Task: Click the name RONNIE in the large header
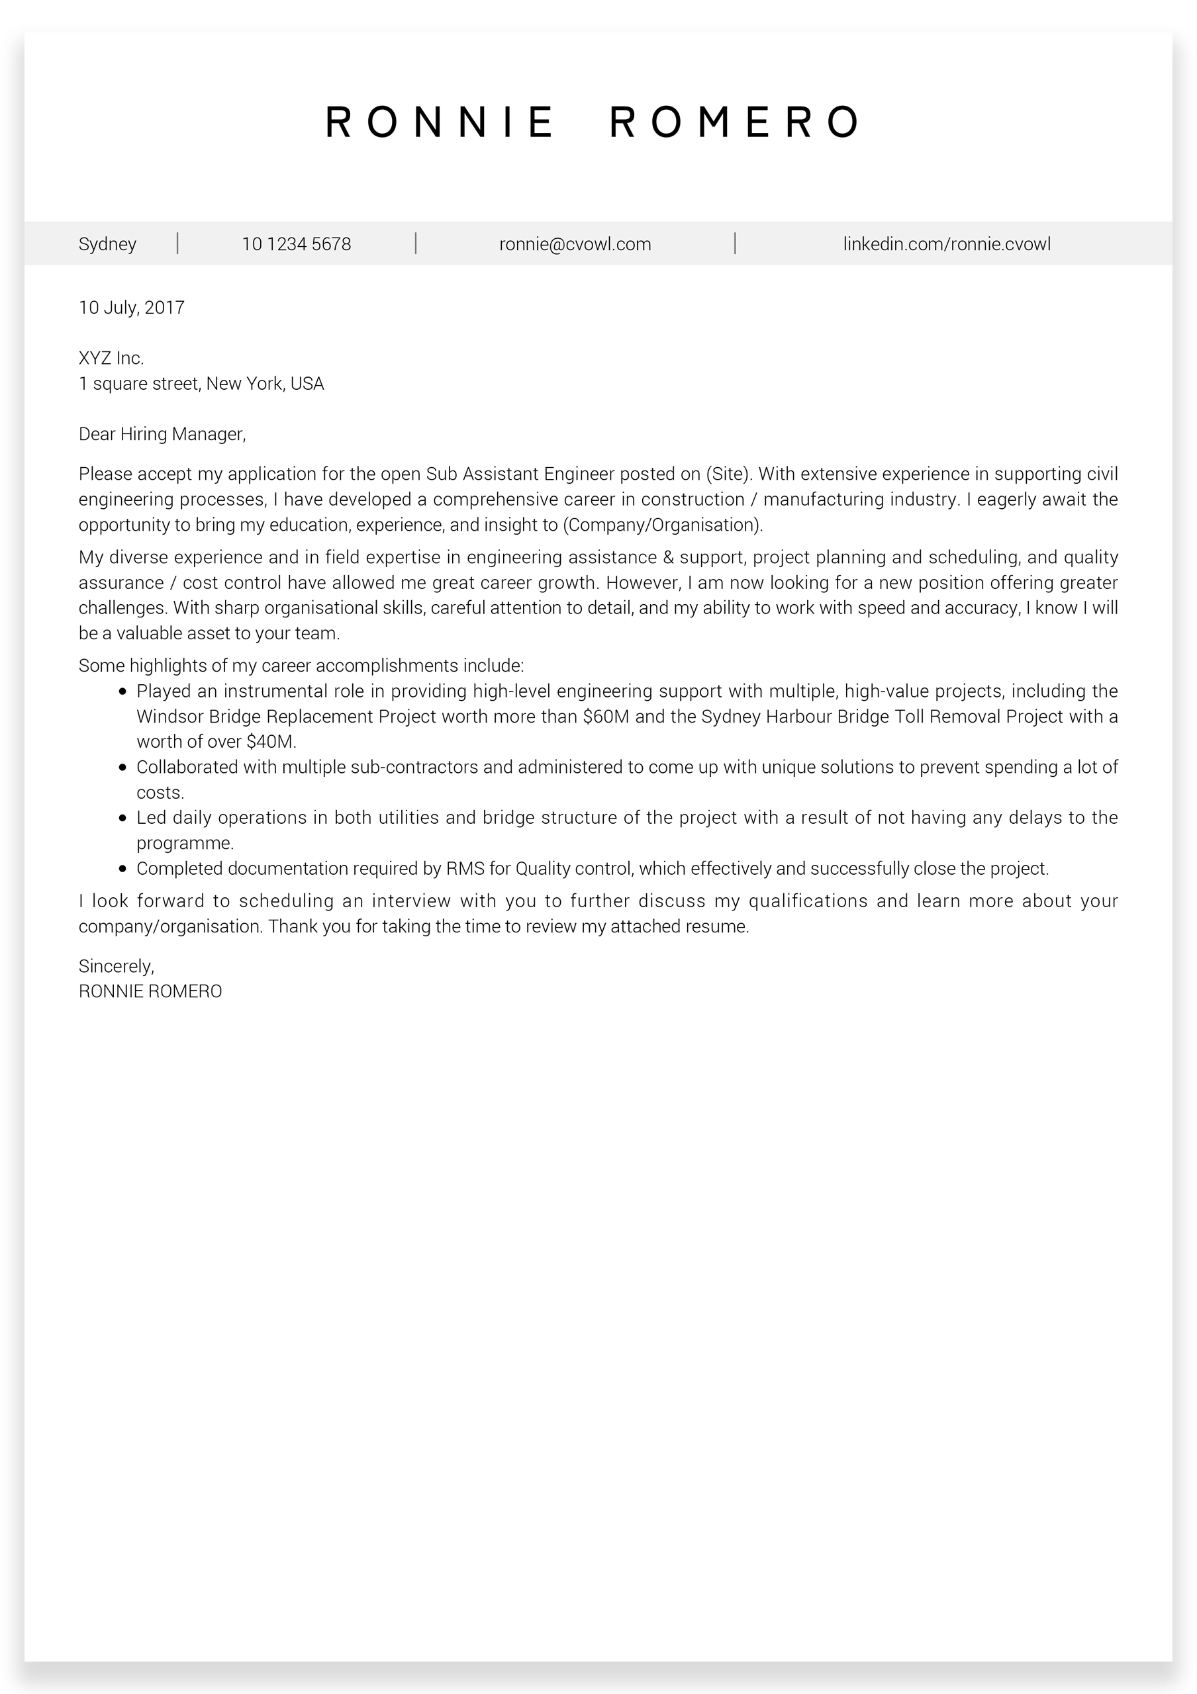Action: [439, 122]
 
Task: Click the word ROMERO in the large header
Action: [734, 122]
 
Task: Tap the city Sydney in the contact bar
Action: [107, 244]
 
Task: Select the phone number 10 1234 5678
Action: [296, 244]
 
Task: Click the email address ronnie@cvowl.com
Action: [575, 244]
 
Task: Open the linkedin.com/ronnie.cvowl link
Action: [946, 244]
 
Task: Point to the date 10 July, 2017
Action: [131, 308]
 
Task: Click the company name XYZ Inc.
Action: [111, 359]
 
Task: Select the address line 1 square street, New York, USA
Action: [201, 384]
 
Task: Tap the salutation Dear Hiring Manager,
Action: [162, 435]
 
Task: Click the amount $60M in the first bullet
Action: [605, 717]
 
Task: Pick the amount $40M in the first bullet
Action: [270, 742]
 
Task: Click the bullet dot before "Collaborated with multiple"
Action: [122, 768]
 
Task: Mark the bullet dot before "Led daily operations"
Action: [122, 819]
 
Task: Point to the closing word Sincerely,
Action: [116, 967]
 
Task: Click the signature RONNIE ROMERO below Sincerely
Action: [150, 992]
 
